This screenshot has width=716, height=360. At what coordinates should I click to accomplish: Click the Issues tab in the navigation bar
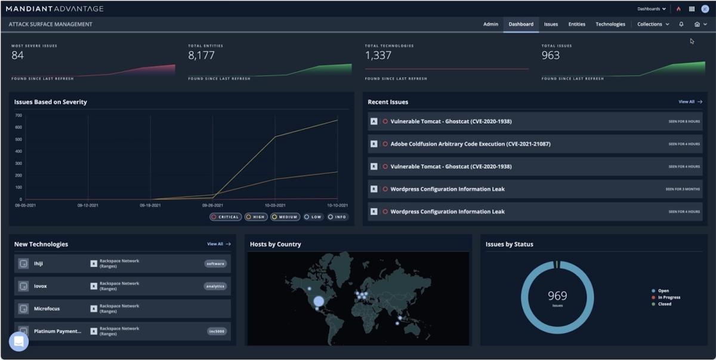pyautogui.click(x=551, y=24)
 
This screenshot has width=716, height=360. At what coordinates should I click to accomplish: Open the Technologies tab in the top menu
pyautogui.click(x=610, y=24)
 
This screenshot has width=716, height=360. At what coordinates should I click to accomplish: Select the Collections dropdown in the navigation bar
pyautogui.click(x=653, y=24)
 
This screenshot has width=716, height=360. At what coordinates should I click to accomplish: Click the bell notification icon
pyautogui.click(x=681, y=24)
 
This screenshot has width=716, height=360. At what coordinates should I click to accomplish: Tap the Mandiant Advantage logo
pyautogui.click(x=54, y=9)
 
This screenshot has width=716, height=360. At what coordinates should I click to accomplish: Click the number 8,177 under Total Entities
pyautogui.click(x=201, y=56)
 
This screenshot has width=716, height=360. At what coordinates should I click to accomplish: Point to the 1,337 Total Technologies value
pyautogui.click(x=378, y=56)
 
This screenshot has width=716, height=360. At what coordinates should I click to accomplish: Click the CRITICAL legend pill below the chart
pyautogui.click(x=226, y=217)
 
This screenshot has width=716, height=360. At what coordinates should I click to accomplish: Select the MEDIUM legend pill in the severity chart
pyautogui.click(x=285, y=217)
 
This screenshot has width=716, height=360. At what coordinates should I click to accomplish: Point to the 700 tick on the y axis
pyautogui.click(x=18, y=115)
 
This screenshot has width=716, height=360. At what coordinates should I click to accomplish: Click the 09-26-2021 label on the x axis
pyautogui.click(x=212, y=205)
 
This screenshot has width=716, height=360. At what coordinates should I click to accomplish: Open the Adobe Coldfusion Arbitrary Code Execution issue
pyautogui.click(x=470, y=144)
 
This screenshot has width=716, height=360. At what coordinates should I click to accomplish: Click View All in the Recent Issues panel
pyautogui.click(x=690, y=102)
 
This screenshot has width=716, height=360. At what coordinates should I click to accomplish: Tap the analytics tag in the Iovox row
pyautogui.click(x=215, y=287)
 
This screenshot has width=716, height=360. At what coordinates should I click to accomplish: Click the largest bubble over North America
pyautogui.click(x=319, y=301)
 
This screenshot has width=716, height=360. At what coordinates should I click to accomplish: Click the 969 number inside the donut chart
pyautogui.click(x=557, y=296)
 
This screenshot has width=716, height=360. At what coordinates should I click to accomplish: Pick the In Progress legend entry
pyautogui.click(x=668, y=297)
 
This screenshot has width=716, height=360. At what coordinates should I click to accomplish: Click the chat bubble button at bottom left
pyautogui.click(x=18, y=341)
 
